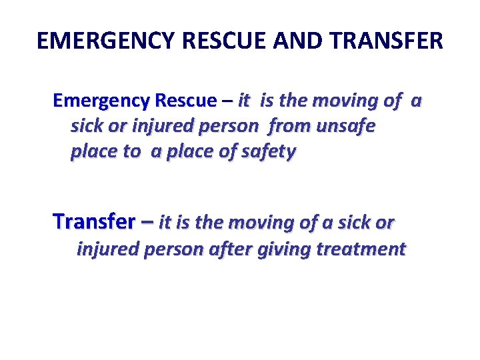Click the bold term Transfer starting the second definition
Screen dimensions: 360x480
pos(93,221)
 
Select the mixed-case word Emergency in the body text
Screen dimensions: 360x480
pos(101,101)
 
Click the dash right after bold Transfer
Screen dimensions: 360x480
pos(147,221)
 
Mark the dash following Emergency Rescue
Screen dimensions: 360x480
pos(227,101)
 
